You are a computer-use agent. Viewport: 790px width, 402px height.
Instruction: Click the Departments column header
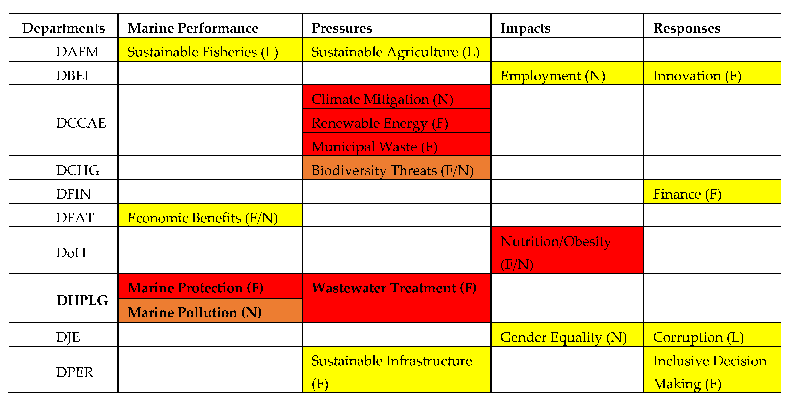coord(64,28)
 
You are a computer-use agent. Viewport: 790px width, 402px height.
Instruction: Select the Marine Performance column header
coord(193,28)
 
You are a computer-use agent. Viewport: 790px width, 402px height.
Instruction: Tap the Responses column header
coord(687,28)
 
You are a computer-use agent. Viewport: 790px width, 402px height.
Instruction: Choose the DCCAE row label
coord(81,123)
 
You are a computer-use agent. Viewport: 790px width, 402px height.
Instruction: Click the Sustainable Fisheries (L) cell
coord(202,52)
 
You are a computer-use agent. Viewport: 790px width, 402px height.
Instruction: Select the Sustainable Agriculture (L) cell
coord(395,52)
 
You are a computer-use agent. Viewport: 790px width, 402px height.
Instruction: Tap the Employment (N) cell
coord(553,75)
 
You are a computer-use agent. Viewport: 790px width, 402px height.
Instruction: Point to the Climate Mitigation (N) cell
coord(382,99)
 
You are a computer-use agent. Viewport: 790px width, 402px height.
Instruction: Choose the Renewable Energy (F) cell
coord(380,123)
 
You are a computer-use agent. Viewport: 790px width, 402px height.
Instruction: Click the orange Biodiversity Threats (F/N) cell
coord(392,170)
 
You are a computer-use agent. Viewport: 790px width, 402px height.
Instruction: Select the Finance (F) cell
coord(687,194)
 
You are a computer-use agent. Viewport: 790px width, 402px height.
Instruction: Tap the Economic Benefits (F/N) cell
coord(202,218)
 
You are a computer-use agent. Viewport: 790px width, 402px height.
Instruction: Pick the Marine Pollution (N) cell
coord(195,312)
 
